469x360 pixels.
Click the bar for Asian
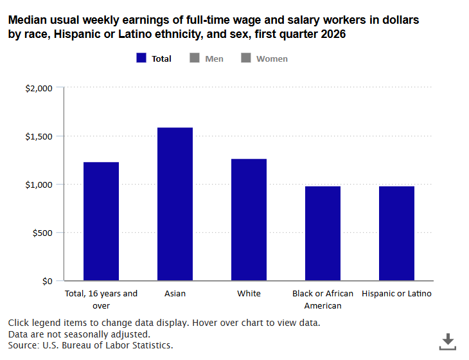(175, 204)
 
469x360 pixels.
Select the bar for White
(249, 219)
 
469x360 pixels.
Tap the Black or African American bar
(323, 233)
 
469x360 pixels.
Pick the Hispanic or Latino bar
(396, 233)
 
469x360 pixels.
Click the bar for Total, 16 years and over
(101, 221)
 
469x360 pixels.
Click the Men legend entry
(207, 59)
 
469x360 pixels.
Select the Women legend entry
(264, 59)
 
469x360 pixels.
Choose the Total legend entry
(154, 59)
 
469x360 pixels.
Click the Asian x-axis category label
(175, 294)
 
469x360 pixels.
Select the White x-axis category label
(249, 294)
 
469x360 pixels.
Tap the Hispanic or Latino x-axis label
(396, 294)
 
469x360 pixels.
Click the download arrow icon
(447, 341)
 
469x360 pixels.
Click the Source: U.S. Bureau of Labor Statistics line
(91, 346)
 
